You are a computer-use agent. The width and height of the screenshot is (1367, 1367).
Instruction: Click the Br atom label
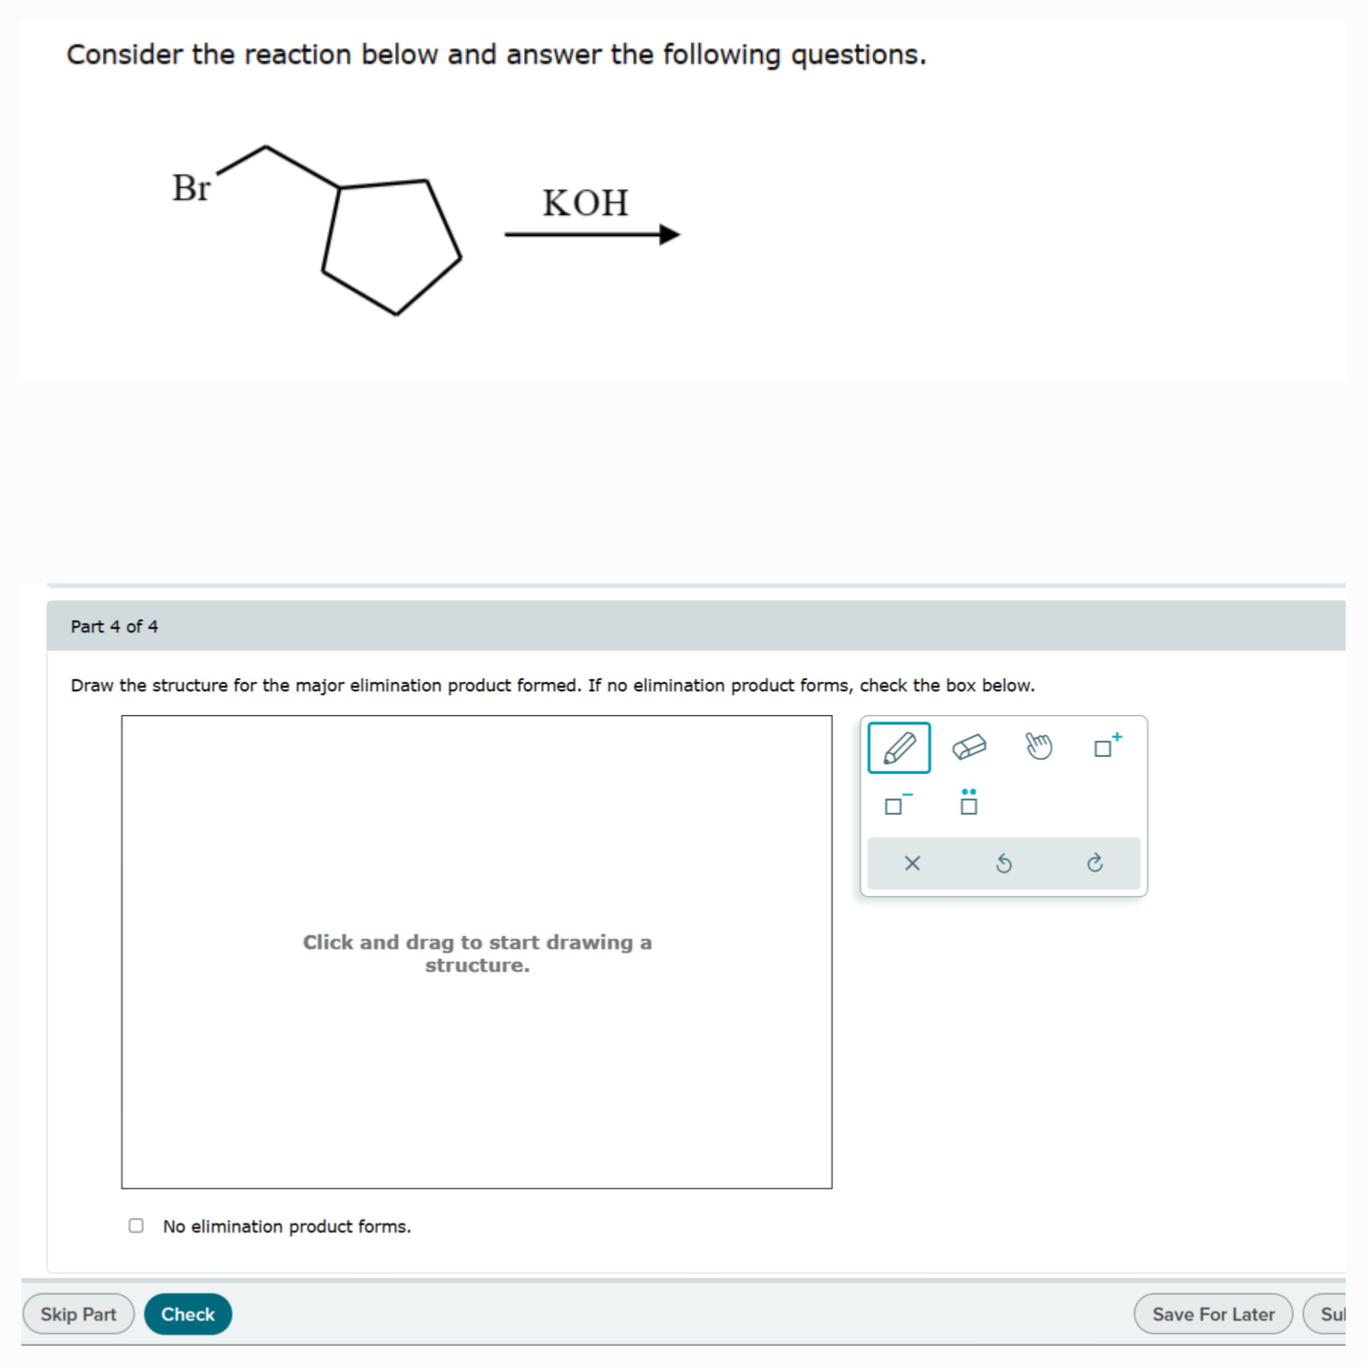[191, 188]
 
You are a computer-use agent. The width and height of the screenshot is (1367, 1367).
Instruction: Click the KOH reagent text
[585, 203]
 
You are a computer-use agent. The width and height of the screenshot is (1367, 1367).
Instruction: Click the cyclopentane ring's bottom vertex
[396, 313]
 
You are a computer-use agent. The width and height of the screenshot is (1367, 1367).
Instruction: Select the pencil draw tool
[899, 747]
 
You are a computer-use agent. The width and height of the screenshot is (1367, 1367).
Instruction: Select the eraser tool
[969, 747]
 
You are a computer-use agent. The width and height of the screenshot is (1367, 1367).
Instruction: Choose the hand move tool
[1038, 747]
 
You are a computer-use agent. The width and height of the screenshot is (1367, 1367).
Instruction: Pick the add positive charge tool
[1106, 746]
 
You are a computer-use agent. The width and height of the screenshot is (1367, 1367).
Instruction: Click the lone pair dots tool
[969, 802]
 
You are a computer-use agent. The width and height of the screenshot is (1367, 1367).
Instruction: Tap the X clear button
[912, 863]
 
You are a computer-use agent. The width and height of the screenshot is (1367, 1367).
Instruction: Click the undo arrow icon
[1003, 863]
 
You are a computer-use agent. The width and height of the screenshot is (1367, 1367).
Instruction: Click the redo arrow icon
[1095, 863]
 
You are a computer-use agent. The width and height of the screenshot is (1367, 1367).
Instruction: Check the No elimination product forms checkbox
[136, 1226]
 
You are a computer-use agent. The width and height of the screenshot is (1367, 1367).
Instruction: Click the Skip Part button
[78, 1314]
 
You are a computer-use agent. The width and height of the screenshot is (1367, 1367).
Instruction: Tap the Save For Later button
[1213, 1314]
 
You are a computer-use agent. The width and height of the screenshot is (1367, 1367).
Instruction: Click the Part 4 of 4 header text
[114, 626]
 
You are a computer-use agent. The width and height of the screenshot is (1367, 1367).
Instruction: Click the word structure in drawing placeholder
[477, 965]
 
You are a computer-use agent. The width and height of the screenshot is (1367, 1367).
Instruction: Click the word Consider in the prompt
[124, 55]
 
